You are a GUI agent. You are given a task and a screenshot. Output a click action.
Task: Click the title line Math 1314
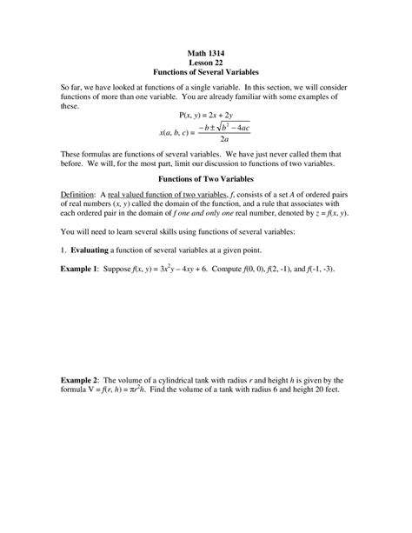tap(206, 53)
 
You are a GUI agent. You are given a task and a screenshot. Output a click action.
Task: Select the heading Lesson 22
tap(206, 63)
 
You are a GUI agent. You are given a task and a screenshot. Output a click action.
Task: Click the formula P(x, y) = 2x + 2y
tap(206, 116)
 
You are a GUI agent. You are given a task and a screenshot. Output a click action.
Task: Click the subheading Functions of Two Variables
tap(206, 177)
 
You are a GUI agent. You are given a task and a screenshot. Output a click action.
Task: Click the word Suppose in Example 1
tap(122, 270)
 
